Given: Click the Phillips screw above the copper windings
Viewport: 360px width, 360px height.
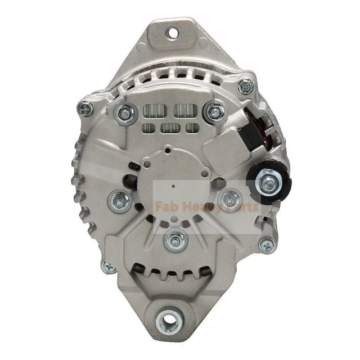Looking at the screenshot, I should tap(245, 87).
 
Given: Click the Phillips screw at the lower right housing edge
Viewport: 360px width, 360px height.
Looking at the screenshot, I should tap(267, 244).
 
